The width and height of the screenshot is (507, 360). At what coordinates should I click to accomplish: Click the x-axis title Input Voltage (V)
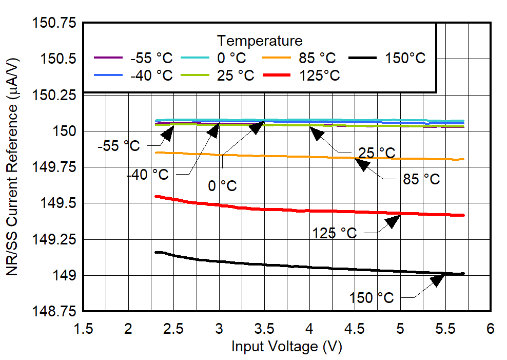click(x=286, y=347)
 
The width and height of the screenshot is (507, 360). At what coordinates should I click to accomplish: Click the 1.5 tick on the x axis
click(x=83, y=328)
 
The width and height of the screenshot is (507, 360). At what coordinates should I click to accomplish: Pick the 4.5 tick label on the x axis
click(x=355, y=328)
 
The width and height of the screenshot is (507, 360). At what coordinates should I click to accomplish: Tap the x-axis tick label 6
click(x=491, y=328)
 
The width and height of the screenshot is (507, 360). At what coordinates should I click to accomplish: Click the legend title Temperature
click(x=260, y=40)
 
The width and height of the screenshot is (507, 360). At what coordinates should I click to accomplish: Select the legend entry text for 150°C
click(x=405, y=58)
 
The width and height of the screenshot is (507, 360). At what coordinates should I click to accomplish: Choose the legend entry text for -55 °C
click(x=151, y=58)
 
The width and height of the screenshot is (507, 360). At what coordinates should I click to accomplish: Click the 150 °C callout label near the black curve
click(x=372, y=297)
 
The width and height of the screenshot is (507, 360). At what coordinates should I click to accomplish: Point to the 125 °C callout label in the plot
click(x=335, y=233)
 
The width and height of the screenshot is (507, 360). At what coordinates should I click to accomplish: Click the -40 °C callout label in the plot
click(x=147, y=175)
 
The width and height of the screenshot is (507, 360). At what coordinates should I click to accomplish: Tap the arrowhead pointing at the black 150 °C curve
click(x=438, y=279)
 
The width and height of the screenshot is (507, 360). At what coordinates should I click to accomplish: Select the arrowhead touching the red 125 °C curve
click(x=393, y=221)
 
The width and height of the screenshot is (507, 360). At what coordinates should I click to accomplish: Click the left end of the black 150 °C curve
click(x=156, y=252)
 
